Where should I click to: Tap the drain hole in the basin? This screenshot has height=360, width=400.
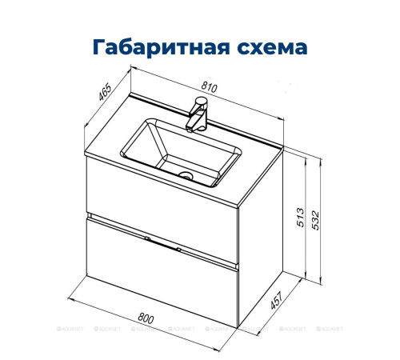tap(186, 175)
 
